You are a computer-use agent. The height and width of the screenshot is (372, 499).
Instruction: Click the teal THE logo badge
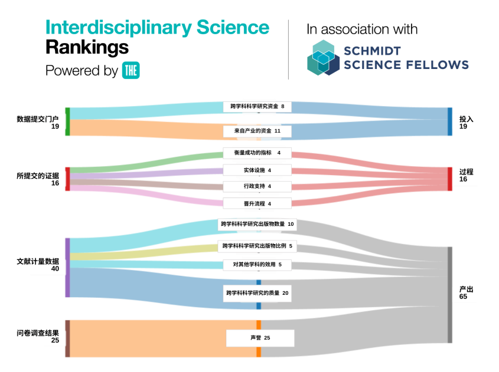click(131, 70)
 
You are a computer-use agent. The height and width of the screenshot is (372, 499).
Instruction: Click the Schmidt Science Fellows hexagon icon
click(324, 58)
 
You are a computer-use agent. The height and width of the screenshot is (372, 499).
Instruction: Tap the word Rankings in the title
click(87, 47)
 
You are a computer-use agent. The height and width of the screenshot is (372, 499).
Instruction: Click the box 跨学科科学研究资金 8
click(257, 107)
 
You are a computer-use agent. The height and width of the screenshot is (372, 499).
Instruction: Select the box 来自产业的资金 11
click(257, 130)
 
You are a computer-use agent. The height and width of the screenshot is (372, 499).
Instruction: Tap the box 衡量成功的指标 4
click(257, 153)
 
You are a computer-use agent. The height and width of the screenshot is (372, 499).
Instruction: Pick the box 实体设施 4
click(257, 170)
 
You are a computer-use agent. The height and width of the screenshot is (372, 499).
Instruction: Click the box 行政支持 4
click(257, 186)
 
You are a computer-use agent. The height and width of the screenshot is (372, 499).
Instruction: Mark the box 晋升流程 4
click(257, 203)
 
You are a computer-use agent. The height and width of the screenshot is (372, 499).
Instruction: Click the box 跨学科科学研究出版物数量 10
click(257, 224)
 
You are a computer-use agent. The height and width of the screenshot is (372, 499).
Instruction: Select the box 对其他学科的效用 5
click(257, 265)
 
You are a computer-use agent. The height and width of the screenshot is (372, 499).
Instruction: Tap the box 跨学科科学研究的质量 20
click(257, 293)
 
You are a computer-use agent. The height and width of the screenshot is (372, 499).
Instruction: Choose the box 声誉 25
click(260, 338)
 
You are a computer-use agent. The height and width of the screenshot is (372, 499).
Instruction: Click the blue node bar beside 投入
click(449, 122)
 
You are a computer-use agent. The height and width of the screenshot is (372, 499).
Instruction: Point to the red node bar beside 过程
click(449, 179)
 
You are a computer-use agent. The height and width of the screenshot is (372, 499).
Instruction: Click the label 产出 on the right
click(467, 289)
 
